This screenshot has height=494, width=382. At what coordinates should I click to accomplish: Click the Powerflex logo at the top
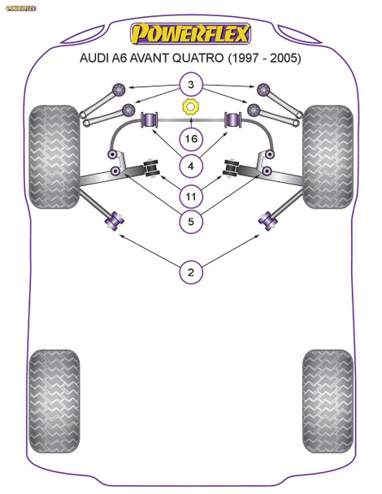[190, 33]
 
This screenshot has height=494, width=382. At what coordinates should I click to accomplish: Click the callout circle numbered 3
[191, 85]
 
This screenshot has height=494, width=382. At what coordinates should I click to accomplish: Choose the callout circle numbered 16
[191, 140]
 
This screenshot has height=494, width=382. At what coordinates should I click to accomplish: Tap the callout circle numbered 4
[191, 167]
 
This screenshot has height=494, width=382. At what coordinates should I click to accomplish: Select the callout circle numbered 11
[191, 195]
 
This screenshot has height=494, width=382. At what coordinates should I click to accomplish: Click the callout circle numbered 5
[191, 222]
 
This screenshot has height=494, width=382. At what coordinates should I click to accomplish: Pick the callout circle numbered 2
[191, 273]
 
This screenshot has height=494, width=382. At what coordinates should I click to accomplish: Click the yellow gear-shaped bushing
[191, 106]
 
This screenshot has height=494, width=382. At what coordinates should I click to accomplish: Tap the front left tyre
[54, 146]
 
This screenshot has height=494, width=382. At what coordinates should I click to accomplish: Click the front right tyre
[328, 146]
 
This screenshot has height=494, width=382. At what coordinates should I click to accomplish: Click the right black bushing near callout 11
[232, 169]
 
